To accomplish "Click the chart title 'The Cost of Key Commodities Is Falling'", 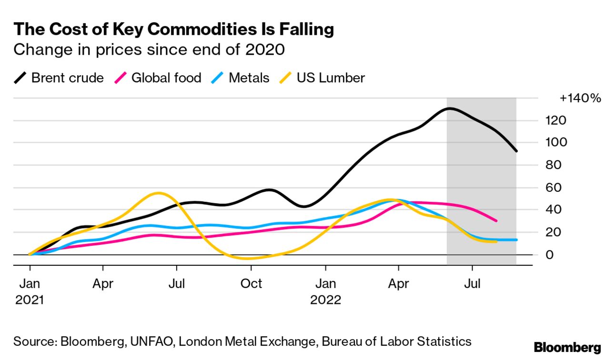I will (x=174, y=30).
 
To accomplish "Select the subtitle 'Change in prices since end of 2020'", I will (x=149, y=50).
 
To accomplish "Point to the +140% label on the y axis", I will (x=580, y=99).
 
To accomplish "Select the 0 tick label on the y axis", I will (x=550, y=254).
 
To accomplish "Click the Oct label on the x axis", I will (x=251, y=284).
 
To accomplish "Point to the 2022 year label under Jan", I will (x=326, y=300).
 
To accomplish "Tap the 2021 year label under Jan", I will (x=30, y=300).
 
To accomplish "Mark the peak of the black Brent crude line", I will (x=449, y=109).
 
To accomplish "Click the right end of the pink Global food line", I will (x=496, y=221).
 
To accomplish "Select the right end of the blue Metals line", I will (x=516, y=240).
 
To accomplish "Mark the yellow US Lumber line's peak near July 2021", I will (x=158, y=193).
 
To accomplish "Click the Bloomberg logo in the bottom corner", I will (x=567, y=348).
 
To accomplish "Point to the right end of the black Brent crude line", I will (x=516, y=151).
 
